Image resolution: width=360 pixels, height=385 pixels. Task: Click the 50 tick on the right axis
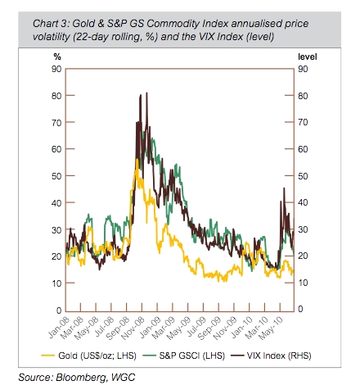point(302,176)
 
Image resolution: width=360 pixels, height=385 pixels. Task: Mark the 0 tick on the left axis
point(56,309)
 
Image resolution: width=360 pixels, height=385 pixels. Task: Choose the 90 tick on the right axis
point(302,70)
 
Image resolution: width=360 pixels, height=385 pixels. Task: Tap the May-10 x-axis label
point(277,326)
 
